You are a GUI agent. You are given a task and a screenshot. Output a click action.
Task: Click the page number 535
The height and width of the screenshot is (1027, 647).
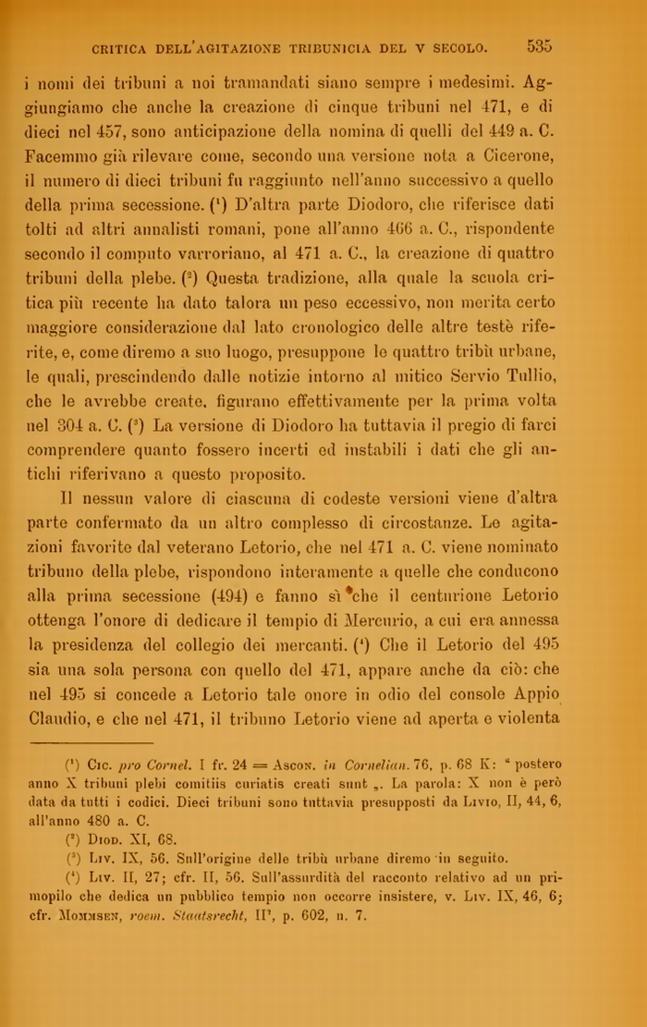point(540,45)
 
